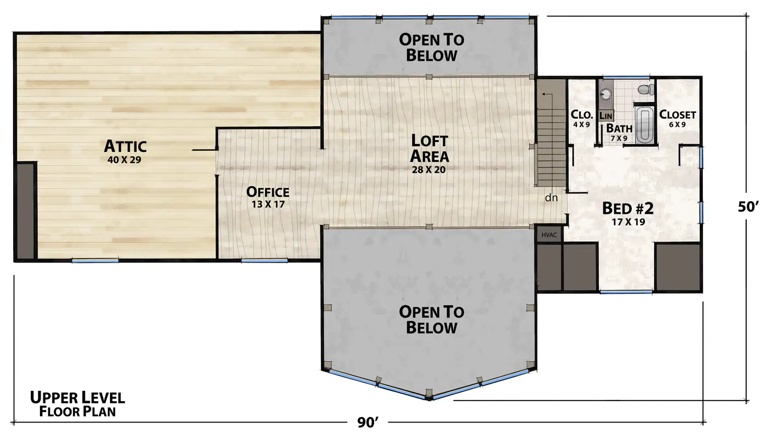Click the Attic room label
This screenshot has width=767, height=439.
[125, 146]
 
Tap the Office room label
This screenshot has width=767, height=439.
[268, 192]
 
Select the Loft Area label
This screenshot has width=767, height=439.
[430, 149]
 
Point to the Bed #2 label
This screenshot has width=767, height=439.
[628, 208]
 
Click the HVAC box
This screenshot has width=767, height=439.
[549, 235]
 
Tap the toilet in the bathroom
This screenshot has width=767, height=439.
[646, 89]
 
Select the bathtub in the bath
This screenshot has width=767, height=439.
[645, 124]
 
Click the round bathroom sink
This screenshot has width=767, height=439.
[605, 93]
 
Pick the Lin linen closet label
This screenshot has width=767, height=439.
[606, 116]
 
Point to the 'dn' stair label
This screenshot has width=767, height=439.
[551, 198]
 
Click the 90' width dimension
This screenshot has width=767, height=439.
[368, 423]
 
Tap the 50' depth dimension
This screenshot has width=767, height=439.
[748, 207]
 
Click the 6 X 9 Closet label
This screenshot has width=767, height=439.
[677, 118]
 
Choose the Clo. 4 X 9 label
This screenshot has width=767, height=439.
[582, 118]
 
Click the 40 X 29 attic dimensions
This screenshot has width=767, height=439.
[124, 160]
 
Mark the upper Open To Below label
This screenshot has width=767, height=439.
[432, 48]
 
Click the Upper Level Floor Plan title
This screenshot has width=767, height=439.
[78, 404]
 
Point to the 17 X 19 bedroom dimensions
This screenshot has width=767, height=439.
[628, 222]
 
